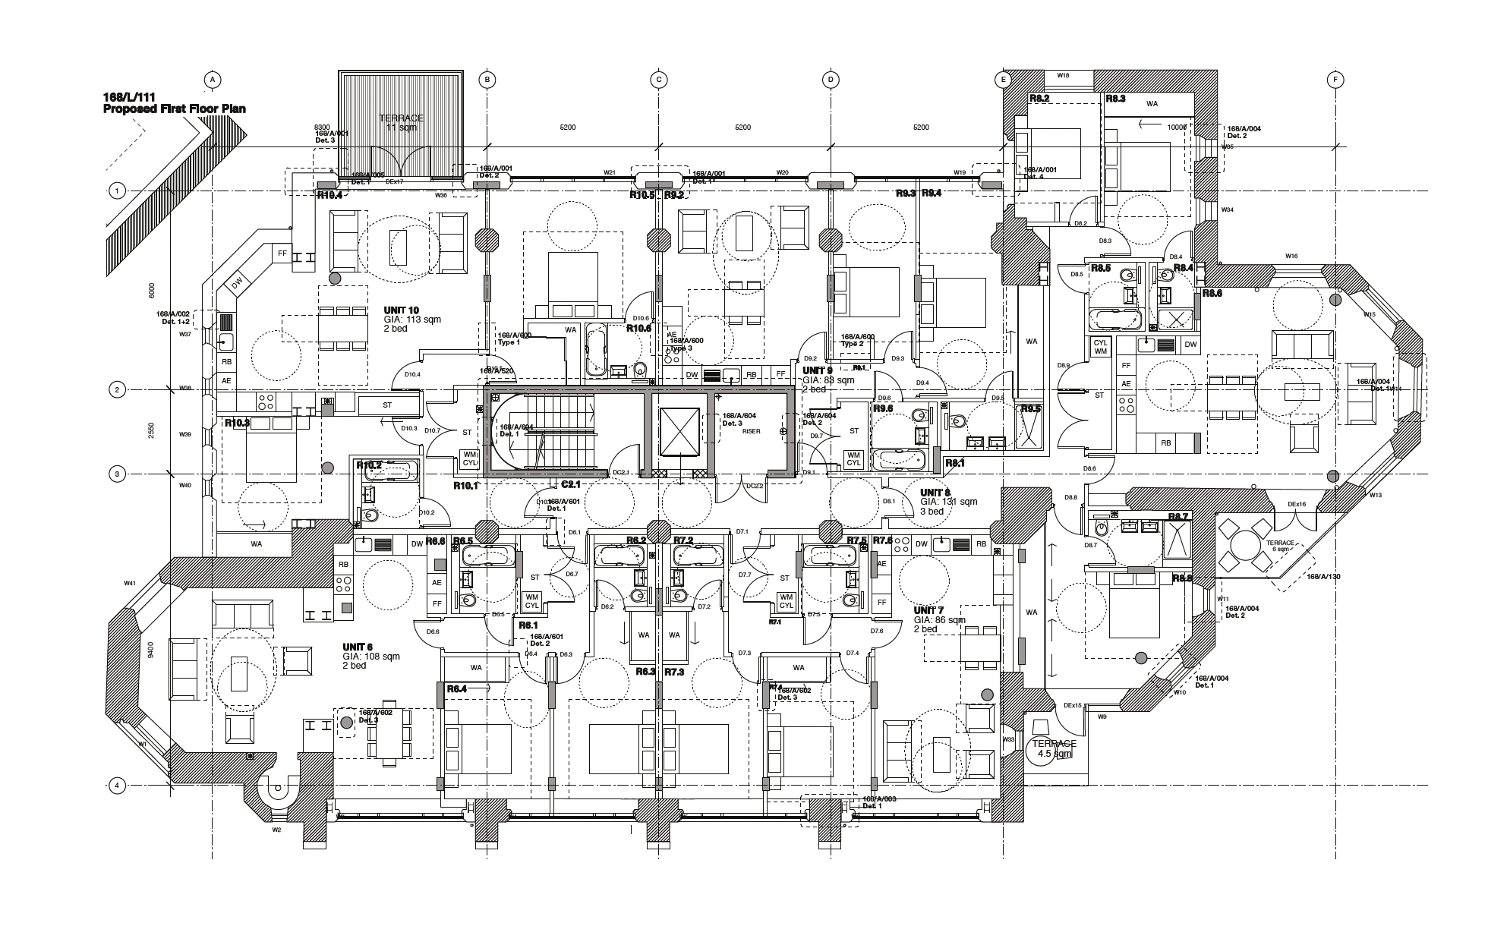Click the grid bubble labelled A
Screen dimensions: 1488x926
(x=213, y=79)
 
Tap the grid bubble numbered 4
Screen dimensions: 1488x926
(x=117, y=786)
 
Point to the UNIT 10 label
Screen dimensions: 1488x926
(x=402, y=310)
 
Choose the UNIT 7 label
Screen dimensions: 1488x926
(x=929, y=610)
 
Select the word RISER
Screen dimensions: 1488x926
(x=751, y=431)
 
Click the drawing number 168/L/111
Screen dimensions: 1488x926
(x=125, y=98)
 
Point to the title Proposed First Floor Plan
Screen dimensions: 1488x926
(x=174, y=109)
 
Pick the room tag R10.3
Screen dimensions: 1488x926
(x=237, y=423)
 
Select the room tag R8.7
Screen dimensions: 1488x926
(x=1178, y=516)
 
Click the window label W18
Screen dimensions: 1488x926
(x=1064, y=75)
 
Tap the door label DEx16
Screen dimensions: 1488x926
(x=1296, y=505)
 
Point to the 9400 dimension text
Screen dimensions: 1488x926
(x=152, y=650)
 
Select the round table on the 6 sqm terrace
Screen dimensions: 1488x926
(x=1246, y=543)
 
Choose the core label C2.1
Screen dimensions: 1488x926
(x=570, y=483)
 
